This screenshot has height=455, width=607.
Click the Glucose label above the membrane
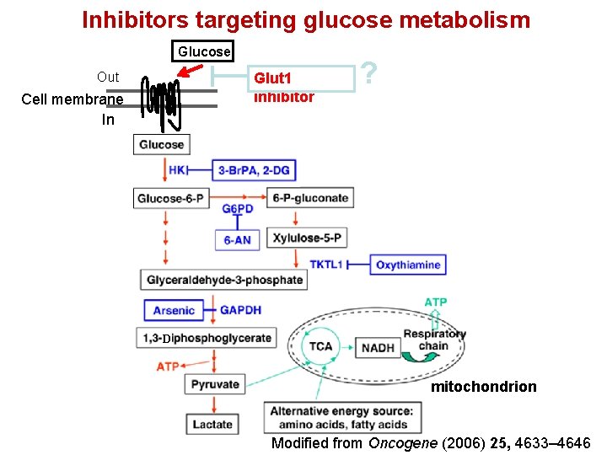coord(203,51)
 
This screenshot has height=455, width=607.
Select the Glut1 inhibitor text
coord(284,87)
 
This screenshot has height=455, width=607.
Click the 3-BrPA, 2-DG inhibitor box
coord(254,170)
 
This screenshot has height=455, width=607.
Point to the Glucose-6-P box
coord(169,199)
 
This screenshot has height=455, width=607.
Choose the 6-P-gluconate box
coord(310,199)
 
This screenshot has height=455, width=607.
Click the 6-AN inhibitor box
coord(238,240)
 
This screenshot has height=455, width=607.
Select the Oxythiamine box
coord(408,265)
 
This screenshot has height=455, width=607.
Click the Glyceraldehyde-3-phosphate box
coord(224,280)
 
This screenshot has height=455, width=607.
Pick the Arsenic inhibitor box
coord(174,310)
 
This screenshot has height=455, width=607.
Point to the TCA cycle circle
coord(320,346)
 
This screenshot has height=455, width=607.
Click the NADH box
coord(379,347)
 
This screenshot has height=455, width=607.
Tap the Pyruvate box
coord(215,384)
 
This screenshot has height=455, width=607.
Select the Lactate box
coord(212,425)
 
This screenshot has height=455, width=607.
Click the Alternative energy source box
coord(342,417)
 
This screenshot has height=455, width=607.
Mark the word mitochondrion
coord(483,387)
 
